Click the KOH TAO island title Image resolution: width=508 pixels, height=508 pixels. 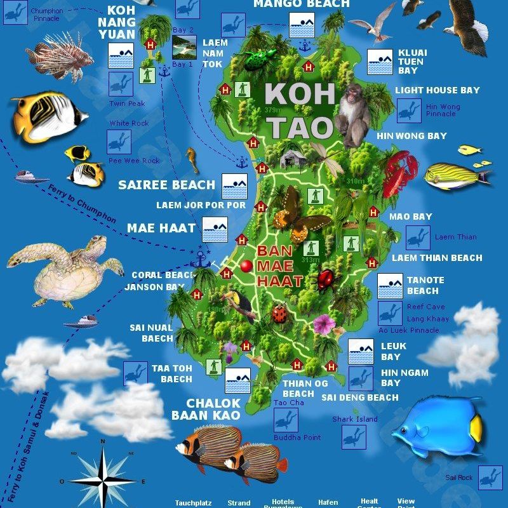click(300, 111)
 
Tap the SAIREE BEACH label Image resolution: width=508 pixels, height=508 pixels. click(167, 185)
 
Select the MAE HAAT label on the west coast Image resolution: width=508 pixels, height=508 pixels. click(158, 227)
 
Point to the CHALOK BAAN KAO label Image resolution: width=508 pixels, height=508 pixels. click(205, 409)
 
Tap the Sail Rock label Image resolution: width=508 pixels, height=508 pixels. click(458, 477)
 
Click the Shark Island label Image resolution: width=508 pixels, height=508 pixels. click(354, 419)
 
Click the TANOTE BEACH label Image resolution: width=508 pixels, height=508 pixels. click(425, 285)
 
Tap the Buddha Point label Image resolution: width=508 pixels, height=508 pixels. click(297, 438)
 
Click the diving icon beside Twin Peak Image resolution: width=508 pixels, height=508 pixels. click(120, 84)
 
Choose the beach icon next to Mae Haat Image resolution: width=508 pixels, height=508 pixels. click(215, 229)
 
